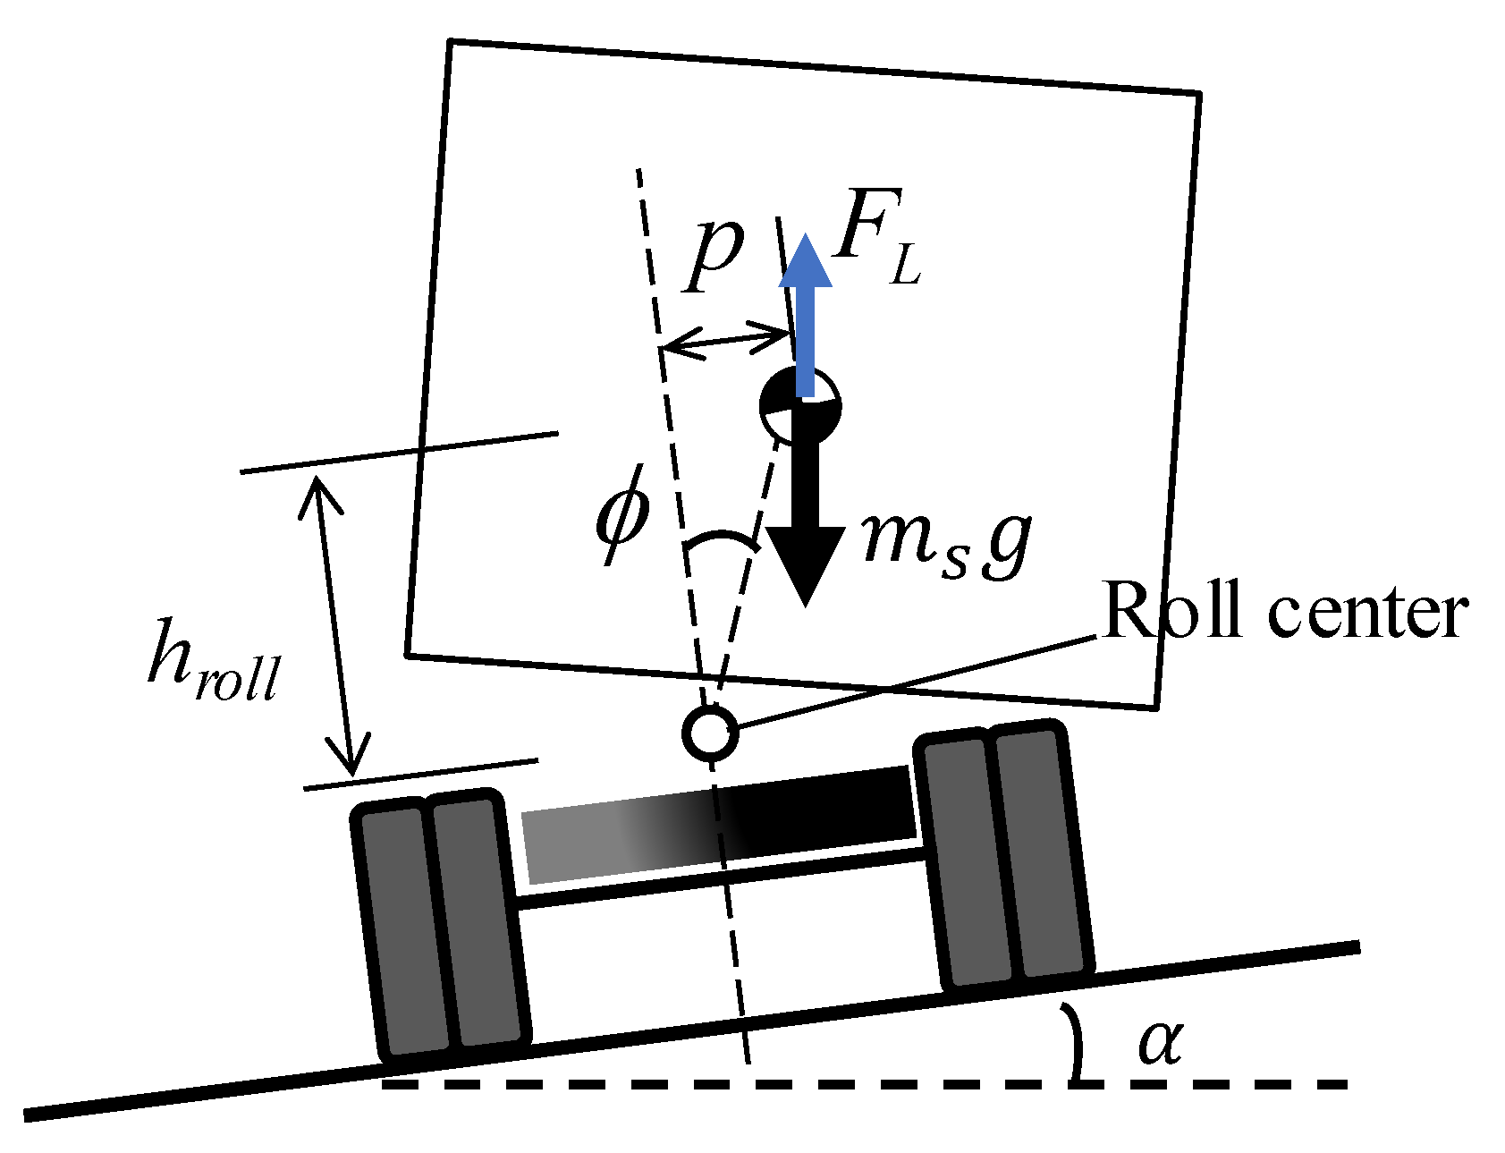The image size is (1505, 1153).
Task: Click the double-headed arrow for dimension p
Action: [x=725, y=341]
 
